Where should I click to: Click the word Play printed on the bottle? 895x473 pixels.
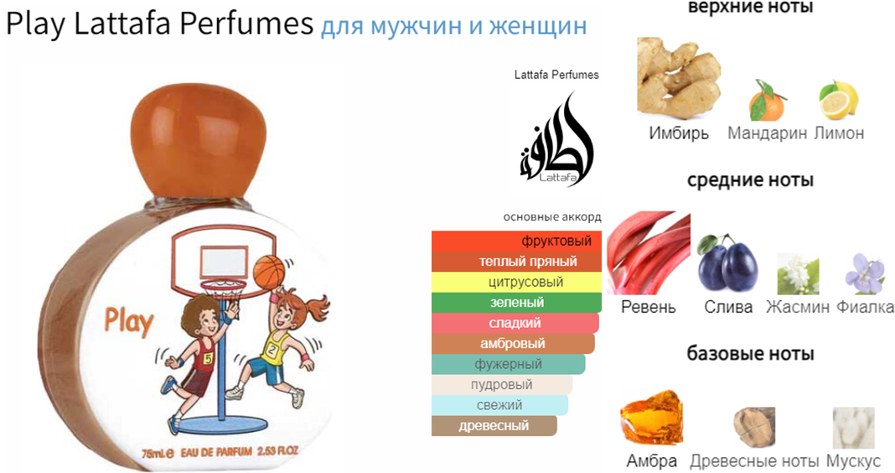coord(128,321)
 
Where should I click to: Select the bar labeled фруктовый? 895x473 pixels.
coord(516,241)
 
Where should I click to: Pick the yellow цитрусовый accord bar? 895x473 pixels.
coord(516,282)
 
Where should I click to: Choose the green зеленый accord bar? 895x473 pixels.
coord(516,303)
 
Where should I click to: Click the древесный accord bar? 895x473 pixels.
coord(494,426)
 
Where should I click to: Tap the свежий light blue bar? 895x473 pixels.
coord(499,406)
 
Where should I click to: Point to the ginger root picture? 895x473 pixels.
coord(679,78)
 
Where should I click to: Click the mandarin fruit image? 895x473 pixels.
coord(767,101)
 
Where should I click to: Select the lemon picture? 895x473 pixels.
coord(839,100)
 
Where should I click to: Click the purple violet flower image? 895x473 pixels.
coord(865,274)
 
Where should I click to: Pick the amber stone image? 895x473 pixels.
coord(651,418)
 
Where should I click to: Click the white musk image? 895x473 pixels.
coord(853,428)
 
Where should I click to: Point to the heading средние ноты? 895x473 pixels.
coord(750,180)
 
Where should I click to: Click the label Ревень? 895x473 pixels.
coord(648,307)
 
